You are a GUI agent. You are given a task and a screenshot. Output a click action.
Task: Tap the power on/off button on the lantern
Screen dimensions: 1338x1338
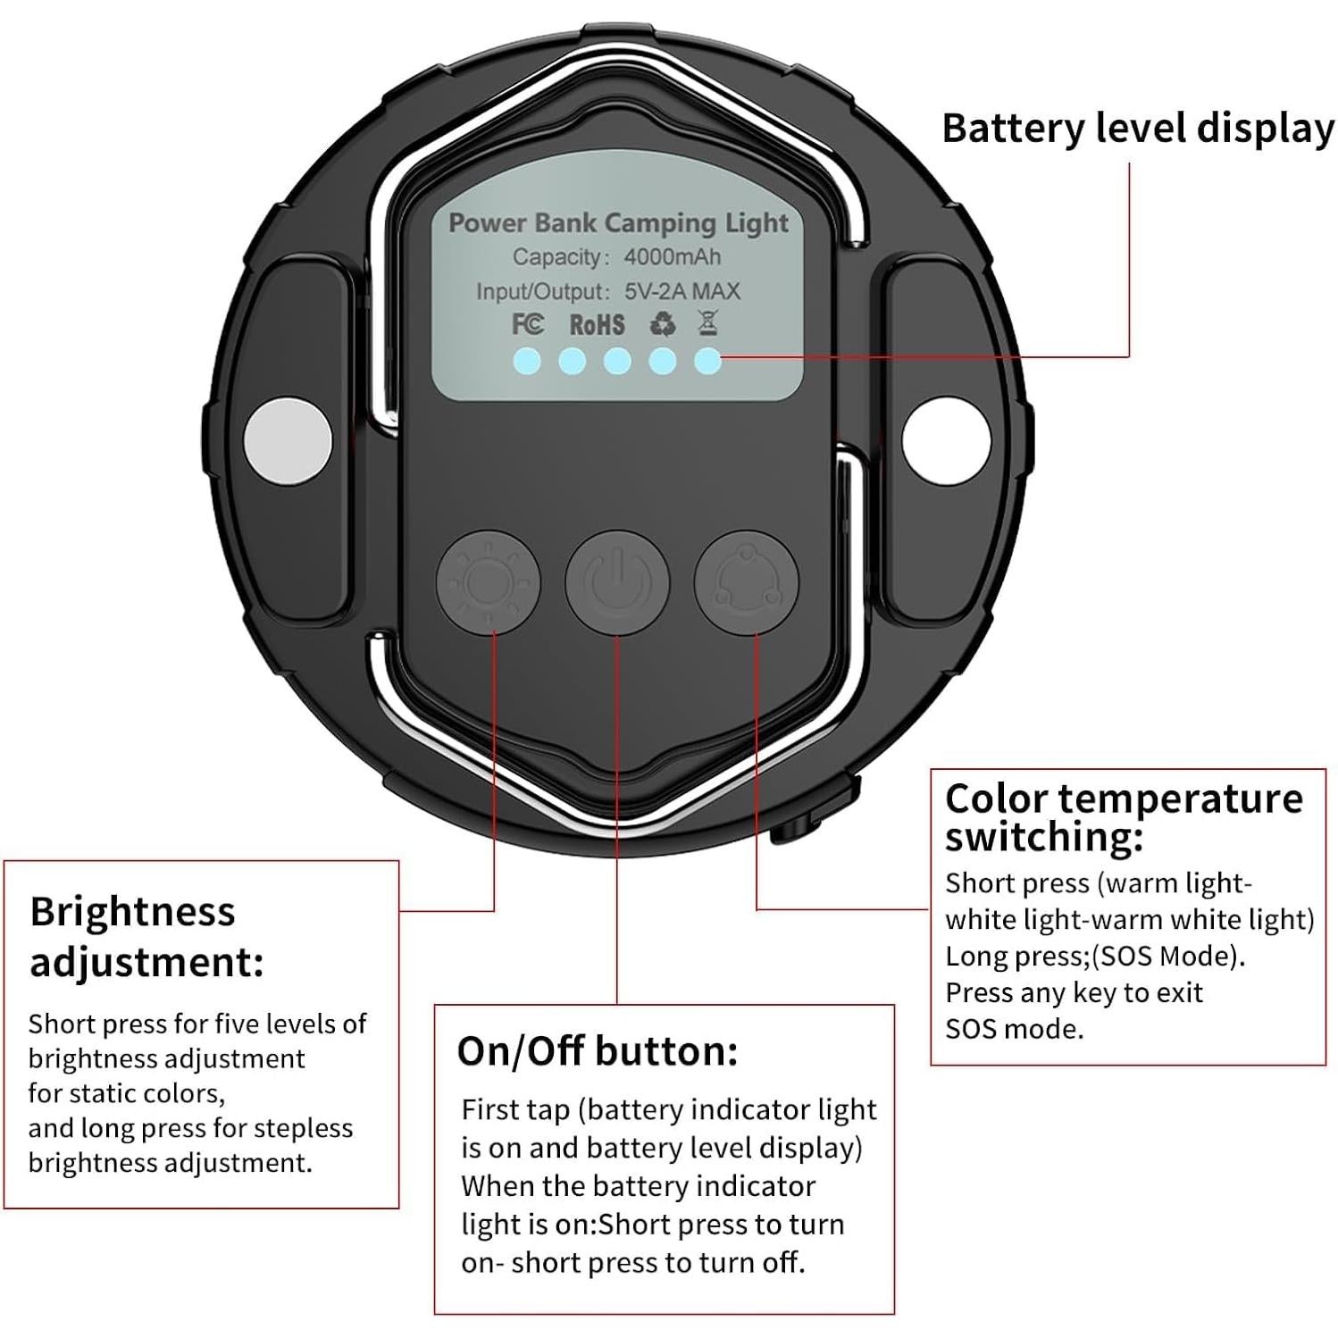pyautogui.click(x=616, y=583)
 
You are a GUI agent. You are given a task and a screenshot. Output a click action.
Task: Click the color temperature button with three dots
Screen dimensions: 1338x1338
pyautogui.click(x=746, y=583)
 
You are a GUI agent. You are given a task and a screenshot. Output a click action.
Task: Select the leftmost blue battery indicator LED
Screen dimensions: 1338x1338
pyautogui.click(x=527, y=362)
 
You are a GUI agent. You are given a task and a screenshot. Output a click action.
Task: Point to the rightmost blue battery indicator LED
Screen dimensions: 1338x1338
pyautogui.click(x=707, y=362)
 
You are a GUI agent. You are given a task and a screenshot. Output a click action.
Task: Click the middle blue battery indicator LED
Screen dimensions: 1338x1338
pyautogui.click(x=617, y=362)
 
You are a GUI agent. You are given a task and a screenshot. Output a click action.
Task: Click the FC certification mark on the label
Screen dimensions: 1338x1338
pyautogui.click(x=527, y=323)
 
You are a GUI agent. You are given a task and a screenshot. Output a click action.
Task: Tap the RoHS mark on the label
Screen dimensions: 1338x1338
pyautogui.click(x=597, y=324)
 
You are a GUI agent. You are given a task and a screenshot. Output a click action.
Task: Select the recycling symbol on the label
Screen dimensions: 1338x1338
pyautogui.click(x=663, y=323)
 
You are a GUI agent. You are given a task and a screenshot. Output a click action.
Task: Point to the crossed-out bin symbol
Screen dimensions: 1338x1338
pyautogui.click(x=707, y=322)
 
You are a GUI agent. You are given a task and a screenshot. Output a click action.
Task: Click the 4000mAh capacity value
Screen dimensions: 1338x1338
pyautogui.click(x=672, y=257)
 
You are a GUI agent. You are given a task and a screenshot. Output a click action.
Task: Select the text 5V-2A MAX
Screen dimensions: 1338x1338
pyautogui.click(x=682, y=291)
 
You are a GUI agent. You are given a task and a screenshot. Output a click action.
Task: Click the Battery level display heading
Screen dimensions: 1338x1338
pyautogui.click(x=1137, y=129)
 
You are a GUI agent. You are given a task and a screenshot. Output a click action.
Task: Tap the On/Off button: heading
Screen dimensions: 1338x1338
pyautogui.click(x=597, y=1051)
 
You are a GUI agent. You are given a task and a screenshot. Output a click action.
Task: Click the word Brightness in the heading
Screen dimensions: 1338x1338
pyautogui.click(x=132, y=912)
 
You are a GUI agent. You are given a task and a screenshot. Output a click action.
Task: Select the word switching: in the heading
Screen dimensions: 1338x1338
pyautogui.click(x=1043, y=838)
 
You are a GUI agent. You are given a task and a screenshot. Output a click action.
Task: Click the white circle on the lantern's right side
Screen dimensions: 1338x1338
pyautogui.click(x=946, y=439)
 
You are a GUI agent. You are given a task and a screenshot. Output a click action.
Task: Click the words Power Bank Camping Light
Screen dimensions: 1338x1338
pyautogui.click(x=618, y=222)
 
